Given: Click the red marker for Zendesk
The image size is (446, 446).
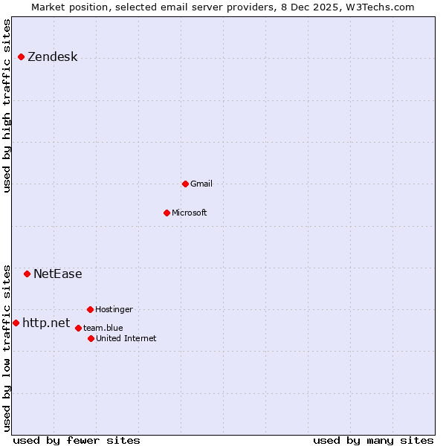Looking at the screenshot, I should (x=21, y=57).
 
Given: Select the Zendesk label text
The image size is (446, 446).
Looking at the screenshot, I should (x=52, y=57).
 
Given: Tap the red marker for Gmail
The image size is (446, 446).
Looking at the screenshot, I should (x=185, y=184).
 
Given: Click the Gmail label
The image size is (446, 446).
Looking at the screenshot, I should (x=201, y=184).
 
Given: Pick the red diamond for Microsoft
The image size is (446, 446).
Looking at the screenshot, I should (x=167, y=213).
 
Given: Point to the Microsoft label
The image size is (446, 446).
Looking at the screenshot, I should (x=189, y=213).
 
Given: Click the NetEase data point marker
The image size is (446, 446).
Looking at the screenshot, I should (x=27, y=274).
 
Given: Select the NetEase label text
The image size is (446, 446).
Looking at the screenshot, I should (x=57, y=274).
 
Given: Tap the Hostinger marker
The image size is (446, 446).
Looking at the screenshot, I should (x=90, y=309).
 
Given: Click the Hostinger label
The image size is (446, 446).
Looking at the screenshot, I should (x=114, y=309).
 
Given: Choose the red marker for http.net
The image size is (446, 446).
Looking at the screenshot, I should (x=16, y=323).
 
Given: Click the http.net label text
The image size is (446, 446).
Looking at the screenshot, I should (x=46, y=323).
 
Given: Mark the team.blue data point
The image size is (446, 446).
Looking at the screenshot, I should (x=78, y=328).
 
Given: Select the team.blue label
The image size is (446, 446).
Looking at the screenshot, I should (x=103, y=328).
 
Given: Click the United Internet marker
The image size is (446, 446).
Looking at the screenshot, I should (x=91, y=338).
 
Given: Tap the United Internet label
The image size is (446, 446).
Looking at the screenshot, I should (x=126, y=338).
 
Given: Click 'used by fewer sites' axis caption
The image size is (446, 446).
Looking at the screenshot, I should (x=76, y=440).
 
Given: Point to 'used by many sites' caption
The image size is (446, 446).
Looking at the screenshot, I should (x=372, y=440).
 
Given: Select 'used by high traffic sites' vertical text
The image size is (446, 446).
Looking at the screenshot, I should (x=7, y=106).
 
